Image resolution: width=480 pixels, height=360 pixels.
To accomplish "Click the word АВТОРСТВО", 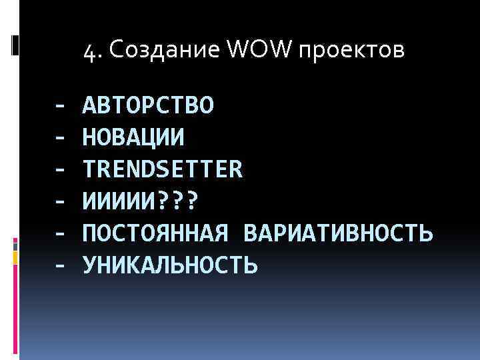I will coord(148,105).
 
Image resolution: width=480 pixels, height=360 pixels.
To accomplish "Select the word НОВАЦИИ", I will coord(133,137).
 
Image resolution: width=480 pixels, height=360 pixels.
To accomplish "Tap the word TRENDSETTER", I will coord(163,169).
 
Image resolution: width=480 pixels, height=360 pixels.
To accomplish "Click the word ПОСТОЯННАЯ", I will coord(156,233).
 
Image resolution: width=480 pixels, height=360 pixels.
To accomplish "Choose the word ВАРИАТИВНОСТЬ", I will coord(339,233).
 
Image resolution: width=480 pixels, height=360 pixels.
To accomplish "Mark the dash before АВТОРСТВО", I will coord(60,106).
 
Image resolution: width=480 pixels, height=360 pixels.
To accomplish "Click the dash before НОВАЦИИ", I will coord(60,138).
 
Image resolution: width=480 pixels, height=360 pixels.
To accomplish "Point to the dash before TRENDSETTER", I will coord(60,170).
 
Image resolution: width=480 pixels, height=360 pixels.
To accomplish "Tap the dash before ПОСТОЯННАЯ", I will coord(60,234).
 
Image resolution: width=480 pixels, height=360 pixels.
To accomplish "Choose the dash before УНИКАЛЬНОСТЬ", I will coord(60,266).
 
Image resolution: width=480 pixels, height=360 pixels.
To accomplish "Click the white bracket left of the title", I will coord(15,45).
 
